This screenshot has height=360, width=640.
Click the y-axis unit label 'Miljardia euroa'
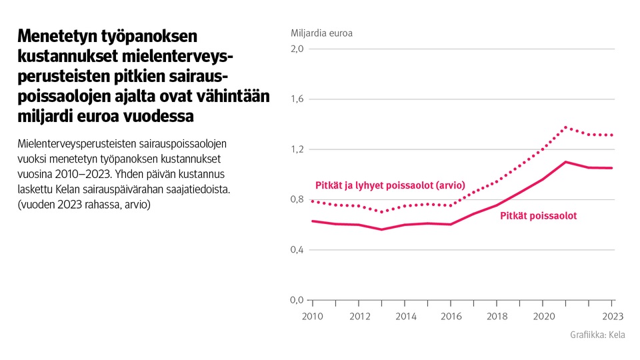pos(321,33)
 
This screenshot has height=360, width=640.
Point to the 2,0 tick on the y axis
pos(297,49)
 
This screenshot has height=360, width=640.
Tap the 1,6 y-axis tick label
pos(297,99)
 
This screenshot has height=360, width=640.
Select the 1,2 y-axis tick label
pos(297,149)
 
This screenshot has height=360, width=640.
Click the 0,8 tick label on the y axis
pos(297,199)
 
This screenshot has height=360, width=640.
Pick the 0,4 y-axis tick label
pos(297,250)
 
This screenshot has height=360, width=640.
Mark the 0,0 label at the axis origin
pos(297,300)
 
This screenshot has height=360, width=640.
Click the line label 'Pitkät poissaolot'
pos(538,216)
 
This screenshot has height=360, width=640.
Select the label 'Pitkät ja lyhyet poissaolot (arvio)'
pos(389,185)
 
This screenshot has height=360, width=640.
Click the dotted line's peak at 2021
pos(565,127)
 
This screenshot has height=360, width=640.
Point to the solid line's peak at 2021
pos(565,162)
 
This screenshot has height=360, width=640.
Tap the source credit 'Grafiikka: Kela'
pos(597,335)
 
